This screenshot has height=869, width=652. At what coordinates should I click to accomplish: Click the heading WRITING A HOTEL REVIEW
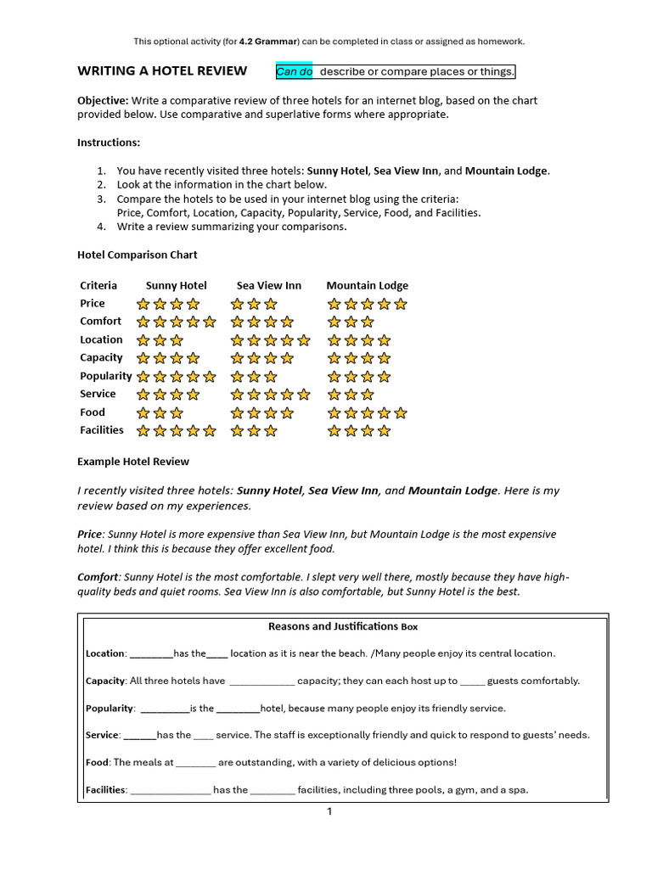click(x=162, y=70)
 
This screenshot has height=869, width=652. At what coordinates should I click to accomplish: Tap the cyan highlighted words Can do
click(x=295, y=71)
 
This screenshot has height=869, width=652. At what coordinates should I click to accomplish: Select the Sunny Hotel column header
click(x=176, y=285)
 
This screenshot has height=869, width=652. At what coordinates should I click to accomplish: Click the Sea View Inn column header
click(x=268, y=285)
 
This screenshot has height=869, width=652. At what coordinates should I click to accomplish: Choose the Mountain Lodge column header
click(x=367, y=285)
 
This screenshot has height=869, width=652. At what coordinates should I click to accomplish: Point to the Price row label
click(x=93, y=303)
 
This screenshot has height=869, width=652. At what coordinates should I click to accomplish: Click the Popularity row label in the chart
click(x=105, y=376)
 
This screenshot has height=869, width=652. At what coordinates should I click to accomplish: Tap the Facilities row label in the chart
click(x=102, y=430)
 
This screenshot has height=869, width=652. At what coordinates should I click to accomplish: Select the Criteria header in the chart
click(x=98, y=285)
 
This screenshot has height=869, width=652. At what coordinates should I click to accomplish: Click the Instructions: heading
click(x=109, y=143)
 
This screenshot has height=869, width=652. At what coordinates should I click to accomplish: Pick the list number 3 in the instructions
click(x=101, y=199)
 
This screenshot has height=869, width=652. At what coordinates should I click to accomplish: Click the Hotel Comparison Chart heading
click(x=137, y=255)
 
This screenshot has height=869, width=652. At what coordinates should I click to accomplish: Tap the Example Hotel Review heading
click(x=133, y=462)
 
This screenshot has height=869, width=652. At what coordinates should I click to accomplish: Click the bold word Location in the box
click(x=105, y=653)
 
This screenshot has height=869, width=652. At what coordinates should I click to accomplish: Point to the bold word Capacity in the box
click(x=104, y=681)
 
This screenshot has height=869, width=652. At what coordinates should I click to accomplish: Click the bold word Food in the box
click(x=97, y=762)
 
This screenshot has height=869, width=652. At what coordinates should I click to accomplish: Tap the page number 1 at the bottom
click(x=330, y=812)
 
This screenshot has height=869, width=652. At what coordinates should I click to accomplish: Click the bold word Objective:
click(x=103, y=100)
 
